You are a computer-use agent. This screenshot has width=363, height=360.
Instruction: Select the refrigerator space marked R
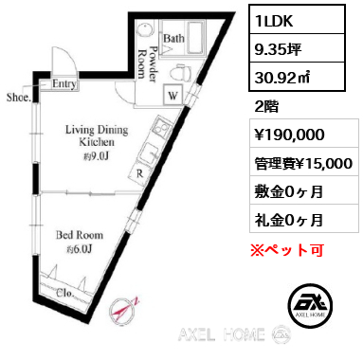pos(140,173)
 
